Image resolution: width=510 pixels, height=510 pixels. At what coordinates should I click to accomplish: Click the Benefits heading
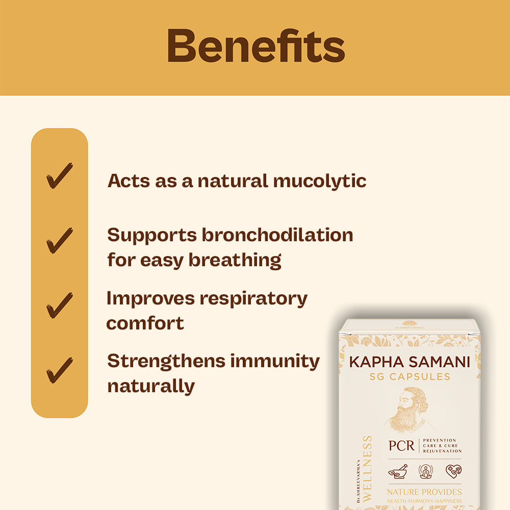click(256, 47)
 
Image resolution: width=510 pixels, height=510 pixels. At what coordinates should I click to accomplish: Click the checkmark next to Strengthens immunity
click(59, 370)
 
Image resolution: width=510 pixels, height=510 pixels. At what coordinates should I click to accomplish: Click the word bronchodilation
click(277, 235)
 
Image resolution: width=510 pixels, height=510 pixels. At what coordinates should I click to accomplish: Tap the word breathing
click(235, 260)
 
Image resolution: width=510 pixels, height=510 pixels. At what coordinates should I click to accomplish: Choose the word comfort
click(145, 323)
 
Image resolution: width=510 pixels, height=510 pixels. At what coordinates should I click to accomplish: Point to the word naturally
click(151, 386)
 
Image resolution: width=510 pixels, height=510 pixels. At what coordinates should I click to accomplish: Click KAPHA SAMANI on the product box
click(410, 363)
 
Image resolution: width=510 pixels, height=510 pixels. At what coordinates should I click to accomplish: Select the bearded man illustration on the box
click(406, 410)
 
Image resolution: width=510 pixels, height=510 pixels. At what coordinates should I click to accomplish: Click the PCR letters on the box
click(401, 445)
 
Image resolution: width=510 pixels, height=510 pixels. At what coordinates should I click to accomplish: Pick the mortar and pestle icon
click(398, 471)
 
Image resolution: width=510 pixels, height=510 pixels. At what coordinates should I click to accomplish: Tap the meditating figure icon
click(425, 471)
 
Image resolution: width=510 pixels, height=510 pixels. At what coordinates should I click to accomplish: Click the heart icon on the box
click(453, 471)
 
